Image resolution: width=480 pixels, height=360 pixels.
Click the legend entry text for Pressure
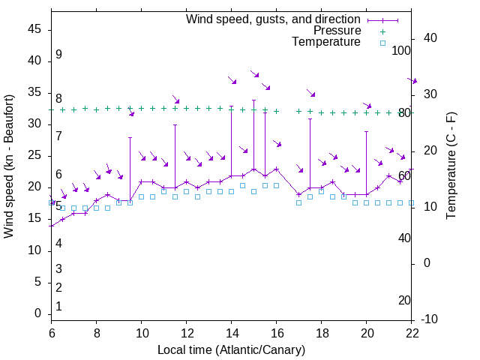pyautogui.click(x=337, y=31)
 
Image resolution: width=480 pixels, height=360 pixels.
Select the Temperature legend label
pyautogui.click(x=326, y=43)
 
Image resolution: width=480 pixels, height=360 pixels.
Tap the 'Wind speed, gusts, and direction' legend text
pyautogui.click(x=274, y=19)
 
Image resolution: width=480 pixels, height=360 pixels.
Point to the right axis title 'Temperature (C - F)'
pyautogui.click(x=451, y=166)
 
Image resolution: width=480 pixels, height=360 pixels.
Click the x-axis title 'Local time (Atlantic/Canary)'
pyautogui.click(x=232, y=349)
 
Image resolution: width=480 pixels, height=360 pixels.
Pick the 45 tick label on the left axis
pyautogui.click(x=34, y=29)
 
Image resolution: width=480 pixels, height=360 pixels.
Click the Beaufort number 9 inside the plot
pyautogui.click(x=58, y=55)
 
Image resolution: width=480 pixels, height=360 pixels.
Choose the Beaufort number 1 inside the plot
pyautogui.click(x=58, y=306)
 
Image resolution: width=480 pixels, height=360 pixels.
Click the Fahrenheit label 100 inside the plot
pyautogui.click(x=401, y=51)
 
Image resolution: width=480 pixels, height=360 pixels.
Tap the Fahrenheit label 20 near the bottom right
pyautogui.click(x=404, y=300)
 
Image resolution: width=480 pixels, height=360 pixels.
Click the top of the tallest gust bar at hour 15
pyautogui.click(x=253, y=100)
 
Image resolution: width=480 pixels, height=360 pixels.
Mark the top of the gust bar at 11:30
pyautogui.click(x=175, y=124)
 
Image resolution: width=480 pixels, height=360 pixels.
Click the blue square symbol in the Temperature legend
pyautogui.click(x=382, y=43)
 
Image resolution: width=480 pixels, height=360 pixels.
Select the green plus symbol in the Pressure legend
pyautogui.click(x=382, y=31)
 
